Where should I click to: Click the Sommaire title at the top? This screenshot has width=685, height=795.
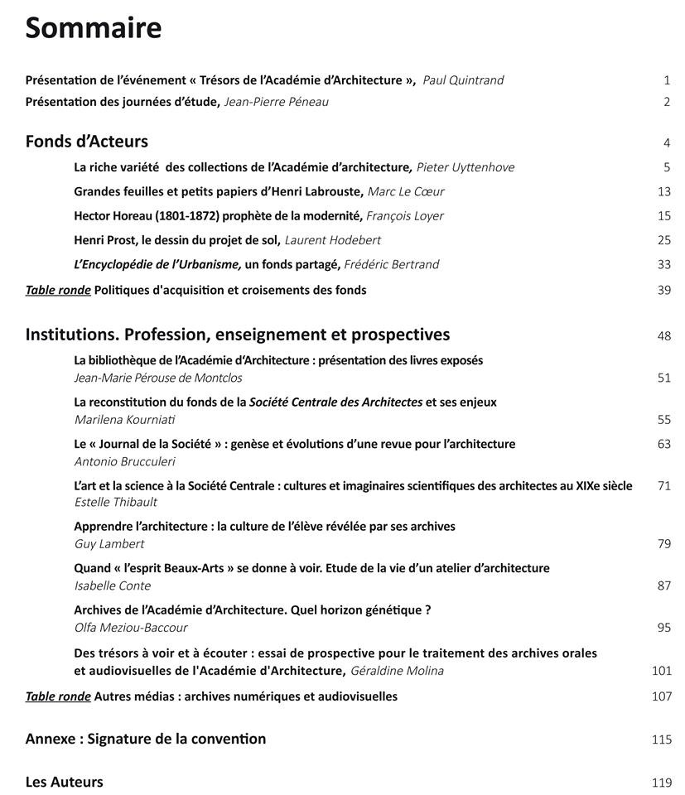(x=93, y=28)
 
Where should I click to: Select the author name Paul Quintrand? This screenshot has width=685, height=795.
(x=463, y=80)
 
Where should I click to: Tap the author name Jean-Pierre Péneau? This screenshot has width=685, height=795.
(x=270, y=102)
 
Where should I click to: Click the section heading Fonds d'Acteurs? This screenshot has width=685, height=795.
(x=87, y=141)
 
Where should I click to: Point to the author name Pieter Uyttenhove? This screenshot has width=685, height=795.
(x=465, y=167)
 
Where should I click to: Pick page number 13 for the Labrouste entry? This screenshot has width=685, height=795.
(x=663, y=192)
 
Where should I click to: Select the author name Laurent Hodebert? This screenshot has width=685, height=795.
(x=333, y=240)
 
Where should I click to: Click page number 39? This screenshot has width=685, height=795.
(x=663, y=290)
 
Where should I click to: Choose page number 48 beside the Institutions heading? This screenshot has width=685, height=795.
(x=663, y=335)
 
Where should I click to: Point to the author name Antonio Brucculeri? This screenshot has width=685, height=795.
(x=125, y=461)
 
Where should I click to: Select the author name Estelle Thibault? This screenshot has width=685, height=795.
(x=116, y=502)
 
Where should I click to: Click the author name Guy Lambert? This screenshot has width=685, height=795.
(x=109, y=544)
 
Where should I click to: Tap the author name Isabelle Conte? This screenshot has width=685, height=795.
(x=113, y=585)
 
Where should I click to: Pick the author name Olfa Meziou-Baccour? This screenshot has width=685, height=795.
(x=131, y=628)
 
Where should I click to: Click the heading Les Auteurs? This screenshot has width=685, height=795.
(x=65, y=782)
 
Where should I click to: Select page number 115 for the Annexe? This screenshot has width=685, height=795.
(x=661, y=740)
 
